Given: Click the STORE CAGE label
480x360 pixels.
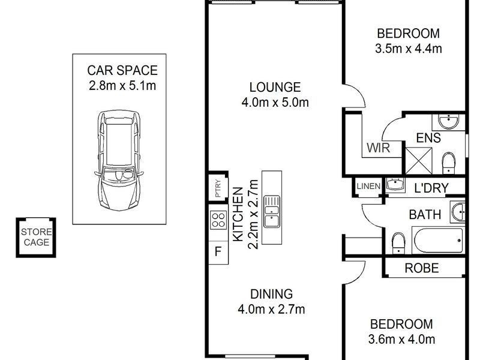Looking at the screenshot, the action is pos(37,237).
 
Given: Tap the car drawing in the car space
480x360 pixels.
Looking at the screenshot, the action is pos(119,160).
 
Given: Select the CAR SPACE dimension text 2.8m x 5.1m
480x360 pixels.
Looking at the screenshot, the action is pos(122,86).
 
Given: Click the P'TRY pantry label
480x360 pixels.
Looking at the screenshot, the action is pos(218,188).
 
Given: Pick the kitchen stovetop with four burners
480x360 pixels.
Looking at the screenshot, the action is pos(218,220).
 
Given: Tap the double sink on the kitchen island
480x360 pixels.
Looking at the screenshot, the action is pos(272,211).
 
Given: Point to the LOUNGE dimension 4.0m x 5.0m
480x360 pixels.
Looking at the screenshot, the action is pos(275,102).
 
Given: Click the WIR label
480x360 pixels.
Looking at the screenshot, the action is pos(379,148).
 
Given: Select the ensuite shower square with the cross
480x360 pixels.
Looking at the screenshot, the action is pos(419,161).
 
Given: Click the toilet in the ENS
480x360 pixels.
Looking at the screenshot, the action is pos(448,163).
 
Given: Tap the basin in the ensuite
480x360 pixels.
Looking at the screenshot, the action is pos(448,122).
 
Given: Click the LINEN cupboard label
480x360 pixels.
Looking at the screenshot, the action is pos(368,186).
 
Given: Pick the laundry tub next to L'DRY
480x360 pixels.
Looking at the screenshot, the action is pos(395,185).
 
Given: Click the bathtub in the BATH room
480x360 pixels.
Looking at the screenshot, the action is pos(438,241).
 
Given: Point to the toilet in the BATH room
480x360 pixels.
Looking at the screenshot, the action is pos(398,243).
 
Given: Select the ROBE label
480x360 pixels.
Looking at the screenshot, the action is pos(422,268).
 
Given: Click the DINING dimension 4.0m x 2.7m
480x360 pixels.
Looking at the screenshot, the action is pos(272,309).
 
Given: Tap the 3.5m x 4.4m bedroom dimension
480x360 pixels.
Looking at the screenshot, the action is pos(409,49).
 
